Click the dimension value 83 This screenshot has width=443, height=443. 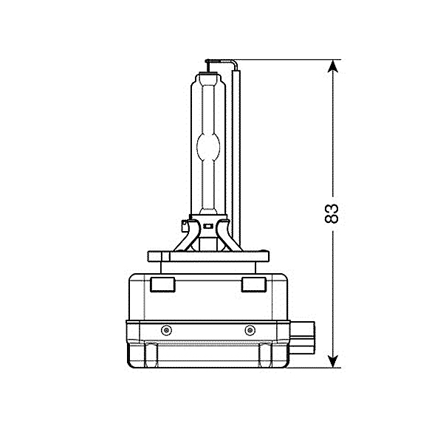click(x=332, y=213)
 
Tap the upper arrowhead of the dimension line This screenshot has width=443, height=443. click(x=333, y=66)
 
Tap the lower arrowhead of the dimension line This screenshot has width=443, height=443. click(x=333, y=361)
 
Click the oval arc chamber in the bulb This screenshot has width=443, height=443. click(x=208, y=146)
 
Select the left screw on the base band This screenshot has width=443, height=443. click(x=166, y=330)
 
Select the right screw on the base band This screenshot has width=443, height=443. click(x=250, y=330)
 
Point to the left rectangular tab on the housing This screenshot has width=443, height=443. click(x=162, y=284)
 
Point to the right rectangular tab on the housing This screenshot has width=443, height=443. click(x=254, y=284)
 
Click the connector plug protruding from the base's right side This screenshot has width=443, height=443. click(x=302, y=337)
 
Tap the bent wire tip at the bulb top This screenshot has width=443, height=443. click(x=221, y=61)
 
